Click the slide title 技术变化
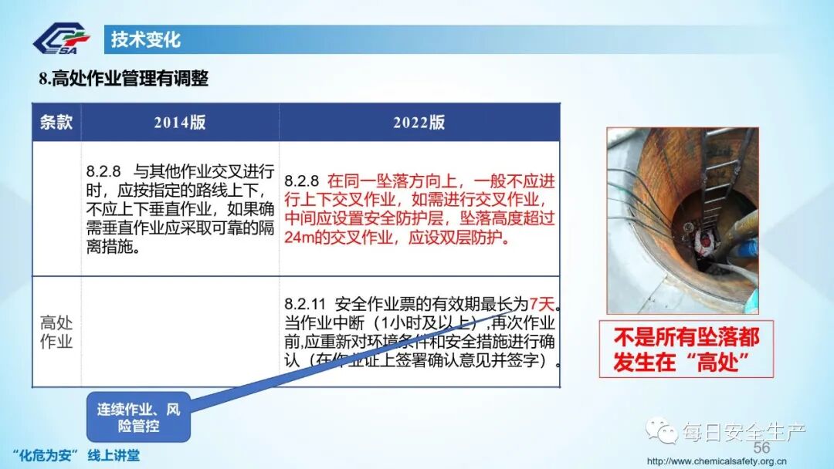pyautogui.click(x=146, y=39)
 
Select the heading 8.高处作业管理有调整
pyautogui.click(x=124, y=78)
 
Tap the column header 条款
pyautogui.click(x=56, y=122)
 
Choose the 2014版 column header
pyautogui.click(x=180, y=123)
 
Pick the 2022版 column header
pyautogui.click(x=419, y=123)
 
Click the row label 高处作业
pyautogui.click(x=56, y=332)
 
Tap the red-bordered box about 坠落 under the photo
pyautogui.click(x=686, y=349)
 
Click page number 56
pyautogui.click(x=761, y=448)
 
